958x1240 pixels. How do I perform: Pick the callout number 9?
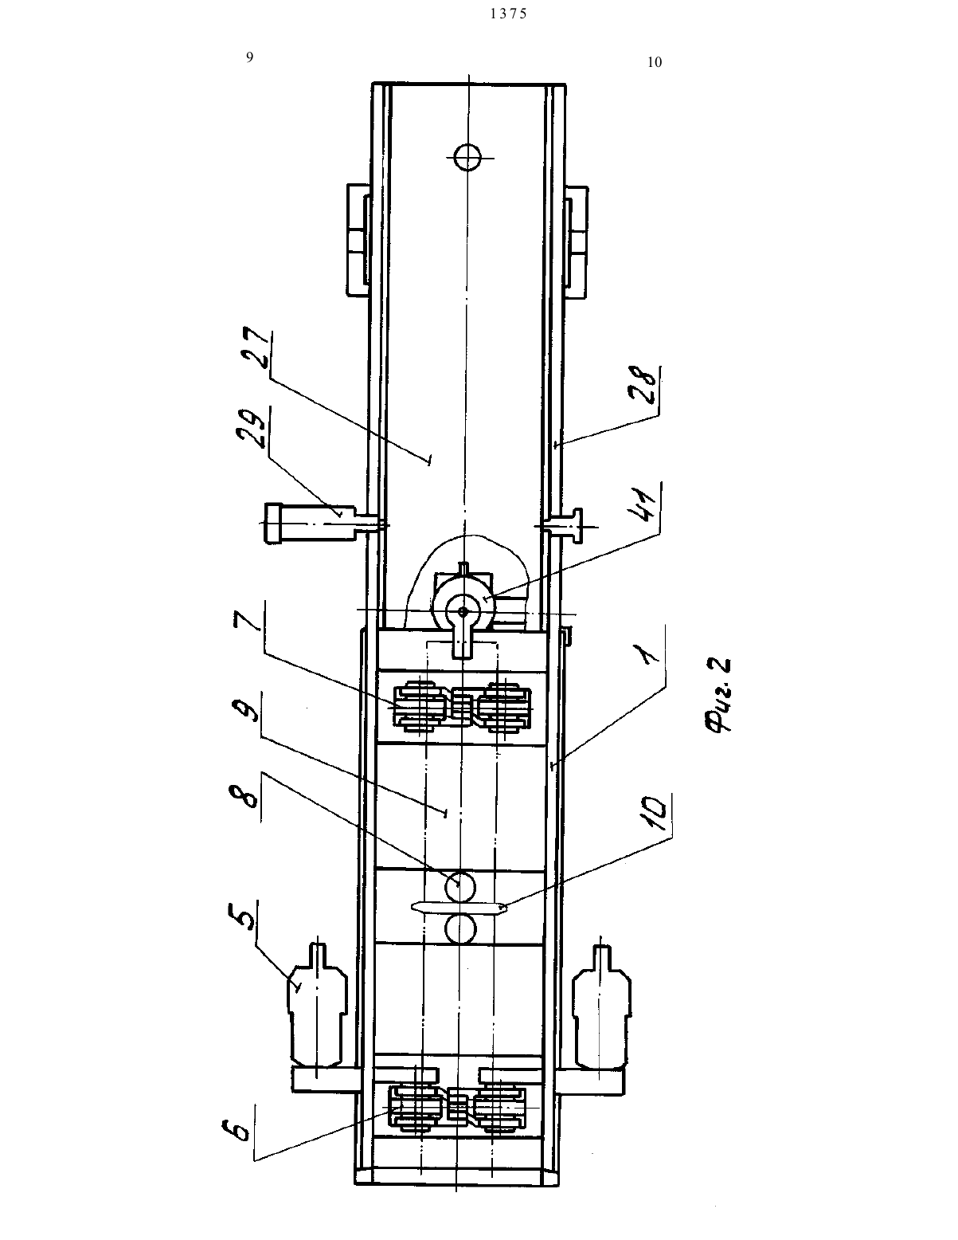pos(245,712)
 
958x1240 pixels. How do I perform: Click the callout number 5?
pos(241,916)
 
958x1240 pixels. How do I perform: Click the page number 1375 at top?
pos(509,14)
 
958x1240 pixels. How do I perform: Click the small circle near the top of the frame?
pos(467,157)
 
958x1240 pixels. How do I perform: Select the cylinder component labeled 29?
pos(311,523)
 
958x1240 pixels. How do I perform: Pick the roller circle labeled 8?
pos(459,885)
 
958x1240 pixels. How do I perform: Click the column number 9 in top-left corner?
pos(249,57)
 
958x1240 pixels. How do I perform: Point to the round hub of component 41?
pos(463,611)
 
